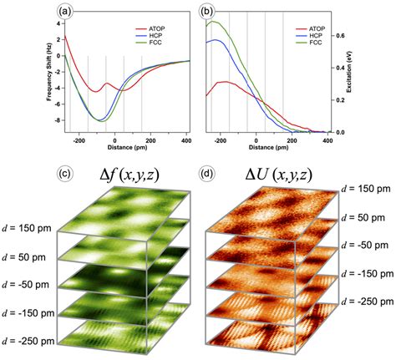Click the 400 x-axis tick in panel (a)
tap(185, 140)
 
